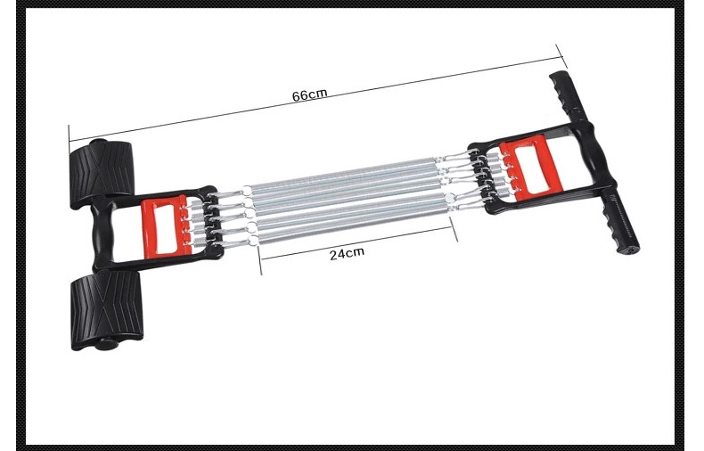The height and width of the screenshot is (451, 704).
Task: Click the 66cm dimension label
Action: pos(310,95)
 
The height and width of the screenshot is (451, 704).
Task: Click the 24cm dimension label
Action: pos(347,254)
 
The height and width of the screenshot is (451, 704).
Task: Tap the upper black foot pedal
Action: pos(101,173)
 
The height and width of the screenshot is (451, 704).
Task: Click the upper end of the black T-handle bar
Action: pos(558,76)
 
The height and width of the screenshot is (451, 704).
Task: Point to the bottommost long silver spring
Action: pos(355,226)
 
